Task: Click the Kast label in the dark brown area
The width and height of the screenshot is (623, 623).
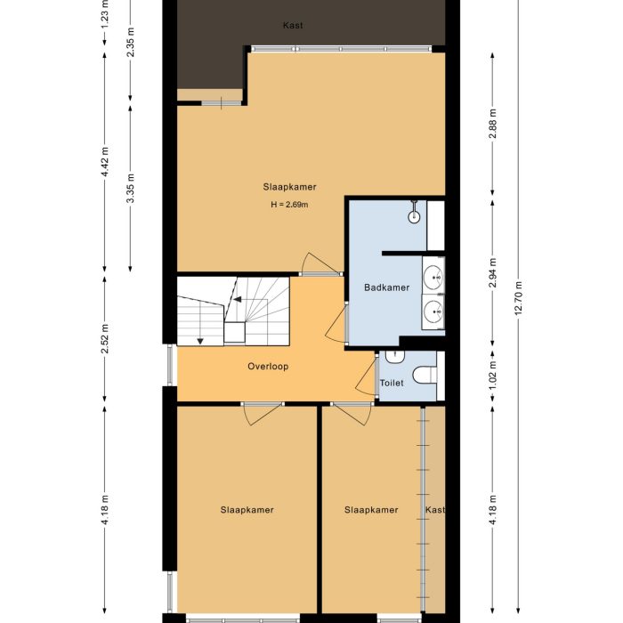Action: (292, 25)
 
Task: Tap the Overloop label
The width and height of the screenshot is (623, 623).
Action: (267, 366)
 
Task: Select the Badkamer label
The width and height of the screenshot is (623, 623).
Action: (386, 287)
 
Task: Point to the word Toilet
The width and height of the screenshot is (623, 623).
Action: (392, 383)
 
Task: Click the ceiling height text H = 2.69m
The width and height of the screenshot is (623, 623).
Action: (289, 205)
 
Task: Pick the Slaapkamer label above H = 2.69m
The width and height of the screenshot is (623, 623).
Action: (289, 187)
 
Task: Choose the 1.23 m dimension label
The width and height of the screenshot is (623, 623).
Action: (105, 12)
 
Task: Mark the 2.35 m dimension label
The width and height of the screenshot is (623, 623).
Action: (131, 44)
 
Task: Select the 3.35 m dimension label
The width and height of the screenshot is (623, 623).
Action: (131, 190)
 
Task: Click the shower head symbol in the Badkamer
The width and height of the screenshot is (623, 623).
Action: (415, 215)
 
